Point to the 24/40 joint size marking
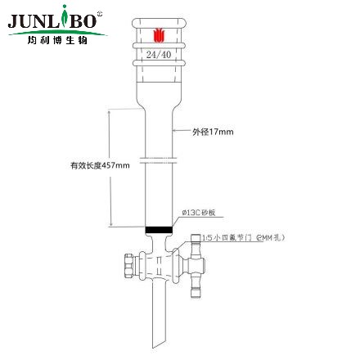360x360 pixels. (159, 54)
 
